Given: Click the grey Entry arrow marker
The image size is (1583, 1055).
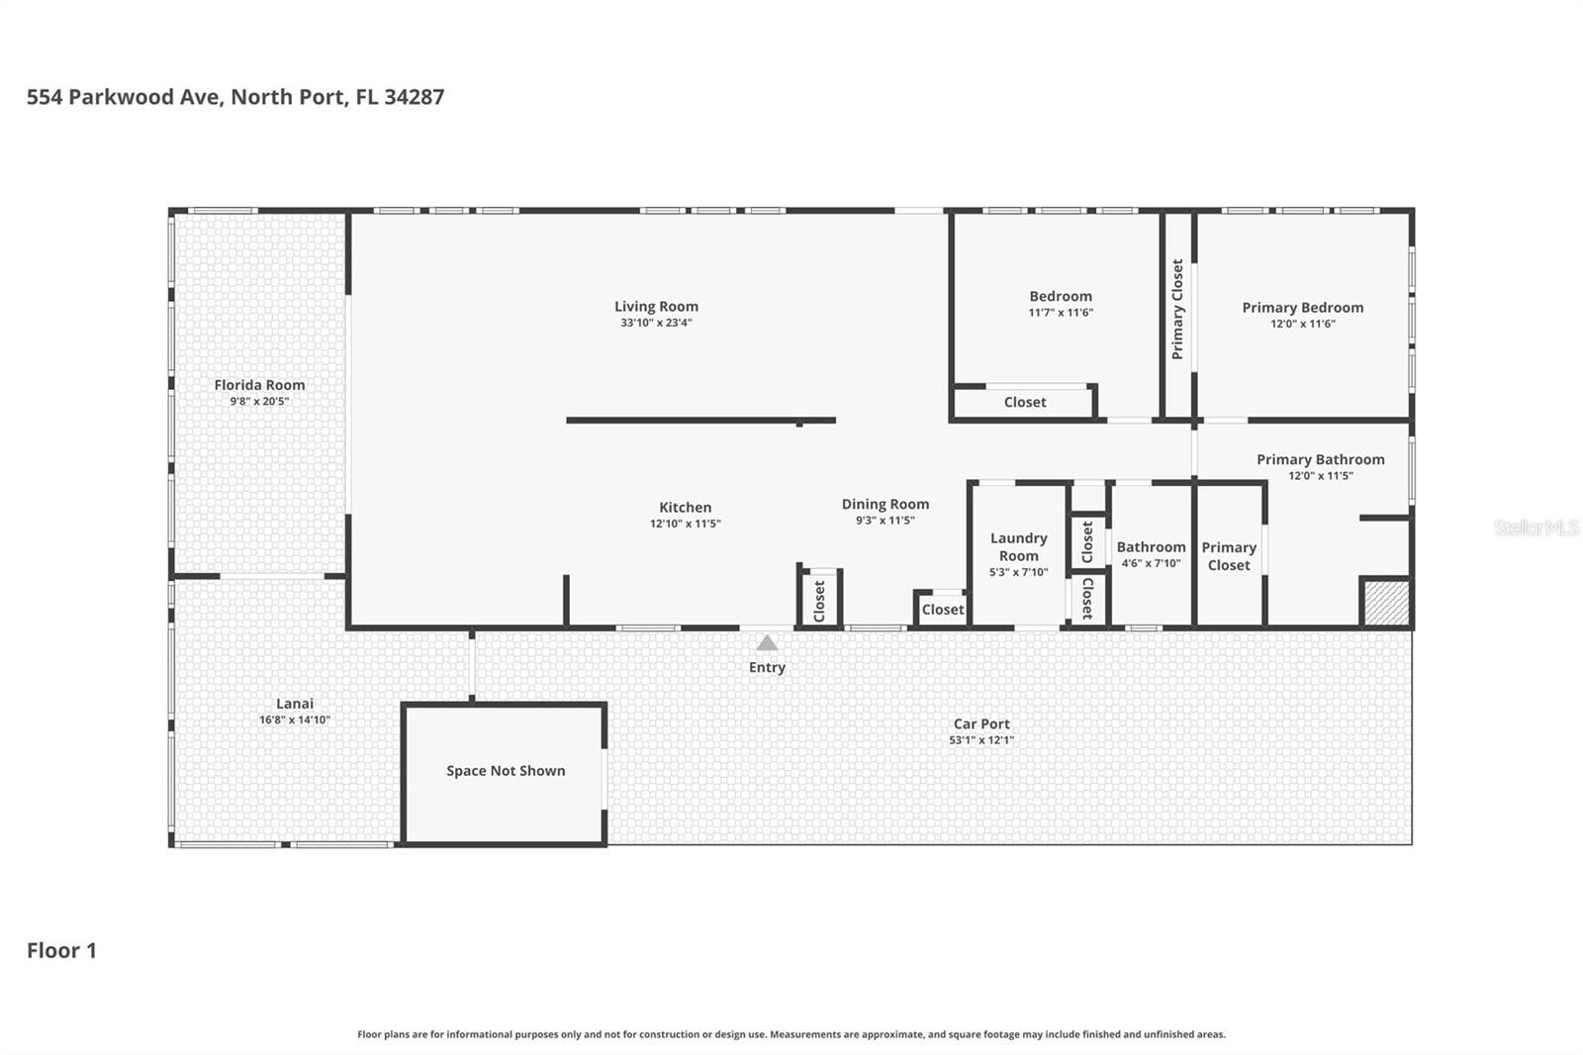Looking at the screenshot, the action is coord(767,642).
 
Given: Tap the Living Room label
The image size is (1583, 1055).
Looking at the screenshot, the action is coord(656,306).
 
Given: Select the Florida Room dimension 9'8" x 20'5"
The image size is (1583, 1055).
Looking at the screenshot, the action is coord(259,401).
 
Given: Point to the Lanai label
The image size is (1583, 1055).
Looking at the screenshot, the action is coord(295,703).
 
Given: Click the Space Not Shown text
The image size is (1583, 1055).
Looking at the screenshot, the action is coord(506,771).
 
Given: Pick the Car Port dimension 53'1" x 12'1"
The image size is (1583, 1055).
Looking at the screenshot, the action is coord(981,739).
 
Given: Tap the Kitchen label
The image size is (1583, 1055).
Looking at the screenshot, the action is coord(685,507).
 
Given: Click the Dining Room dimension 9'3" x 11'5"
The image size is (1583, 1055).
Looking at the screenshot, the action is coord(885,520).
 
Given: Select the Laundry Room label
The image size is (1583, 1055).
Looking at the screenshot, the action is coord(1018,546).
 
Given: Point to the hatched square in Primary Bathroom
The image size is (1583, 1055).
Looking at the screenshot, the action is coord(1386,603).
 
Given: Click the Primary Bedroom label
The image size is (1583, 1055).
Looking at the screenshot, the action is coord(1302,308).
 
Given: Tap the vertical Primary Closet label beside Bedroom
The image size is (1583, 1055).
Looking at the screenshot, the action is coord(1177,309).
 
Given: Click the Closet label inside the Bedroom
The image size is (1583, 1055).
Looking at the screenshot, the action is coord(1025,402).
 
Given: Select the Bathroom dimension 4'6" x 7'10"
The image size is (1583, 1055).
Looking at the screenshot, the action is coord(1152,563).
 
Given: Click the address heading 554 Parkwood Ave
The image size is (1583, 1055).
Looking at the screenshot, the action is coord(235,97).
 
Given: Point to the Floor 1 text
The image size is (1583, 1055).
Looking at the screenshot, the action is coord(61,950).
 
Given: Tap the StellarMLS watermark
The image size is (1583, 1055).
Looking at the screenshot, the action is coord(1536,527).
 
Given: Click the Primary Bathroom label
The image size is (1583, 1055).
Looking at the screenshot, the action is coord(1320,459).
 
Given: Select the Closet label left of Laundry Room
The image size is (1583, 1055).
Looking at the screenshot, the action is coord(943,610).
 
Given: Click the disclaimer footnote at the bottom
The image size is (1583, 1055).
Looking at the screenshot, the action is coord(791,1034).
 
